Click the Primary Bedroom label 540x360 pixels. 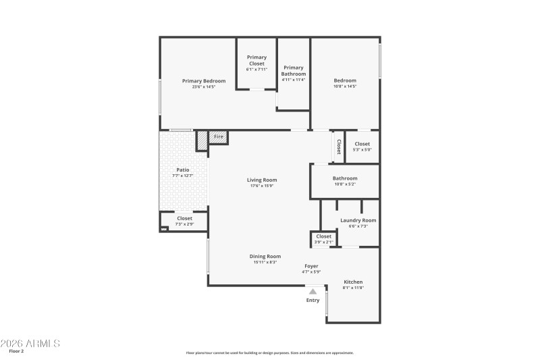pyautogui.click(x=204, y=81)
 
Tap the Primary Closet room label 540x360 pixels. pyautogui.click(x=256, y=61)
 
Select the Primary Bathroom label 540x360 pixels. pyautogui.click(x=294, y=70)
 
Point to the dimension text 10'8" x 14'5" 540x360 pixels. pyautogui.click(x=344, y=86)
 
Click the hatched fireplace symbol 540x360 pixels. pyautogui.click(x=202, y=140)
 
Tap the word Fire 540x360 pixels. pyautogui.click(x=218, y=137)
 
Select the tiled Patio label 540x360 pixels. pyautogui.click(x=182, y=170)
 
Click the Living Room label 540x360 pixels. pyautogui.click(x=262, y=180)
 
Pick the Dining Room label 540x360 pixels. pyautogui.click(x=265, y=257)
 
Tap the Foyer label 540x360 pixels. pyautogui.click(x=310, y=266)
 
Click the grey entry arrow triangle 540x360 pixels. pyautogui.click(x=313, y=291)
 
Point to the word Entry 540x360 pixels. pyautogui.click(x=313, y=300)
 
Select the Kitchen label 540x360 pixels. pyautogui.click(x=353, y=282)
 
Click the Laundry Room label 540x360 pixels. pyautogui.click(x=358, y=220)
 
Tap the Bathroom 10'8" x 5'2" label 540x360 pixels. pyautogui.click(x=344, y=179)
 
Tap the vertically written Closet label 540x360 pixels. pyautogui.click(x=338, y=147)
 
